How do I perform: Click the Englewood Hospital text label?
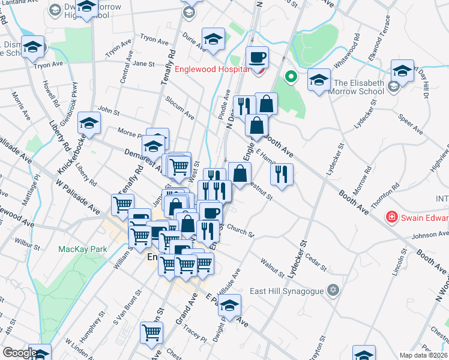coord(211,69)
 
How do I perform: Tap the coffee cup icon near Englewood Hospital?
coord(258,57)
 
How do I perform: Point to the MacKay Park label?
coord(82,248)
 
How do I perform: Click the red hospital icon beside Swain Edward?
coord(393,216)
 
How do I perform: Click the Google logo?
coord(19,353)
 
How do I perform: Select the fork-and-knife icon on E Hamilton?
coord(281,174)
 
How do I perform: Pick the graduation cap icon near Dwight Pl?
coord(229,305)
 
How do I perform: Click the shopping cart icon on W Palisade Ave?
coord(122,205)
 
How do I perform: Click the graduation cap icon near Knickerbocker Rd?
coord(89,123)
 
